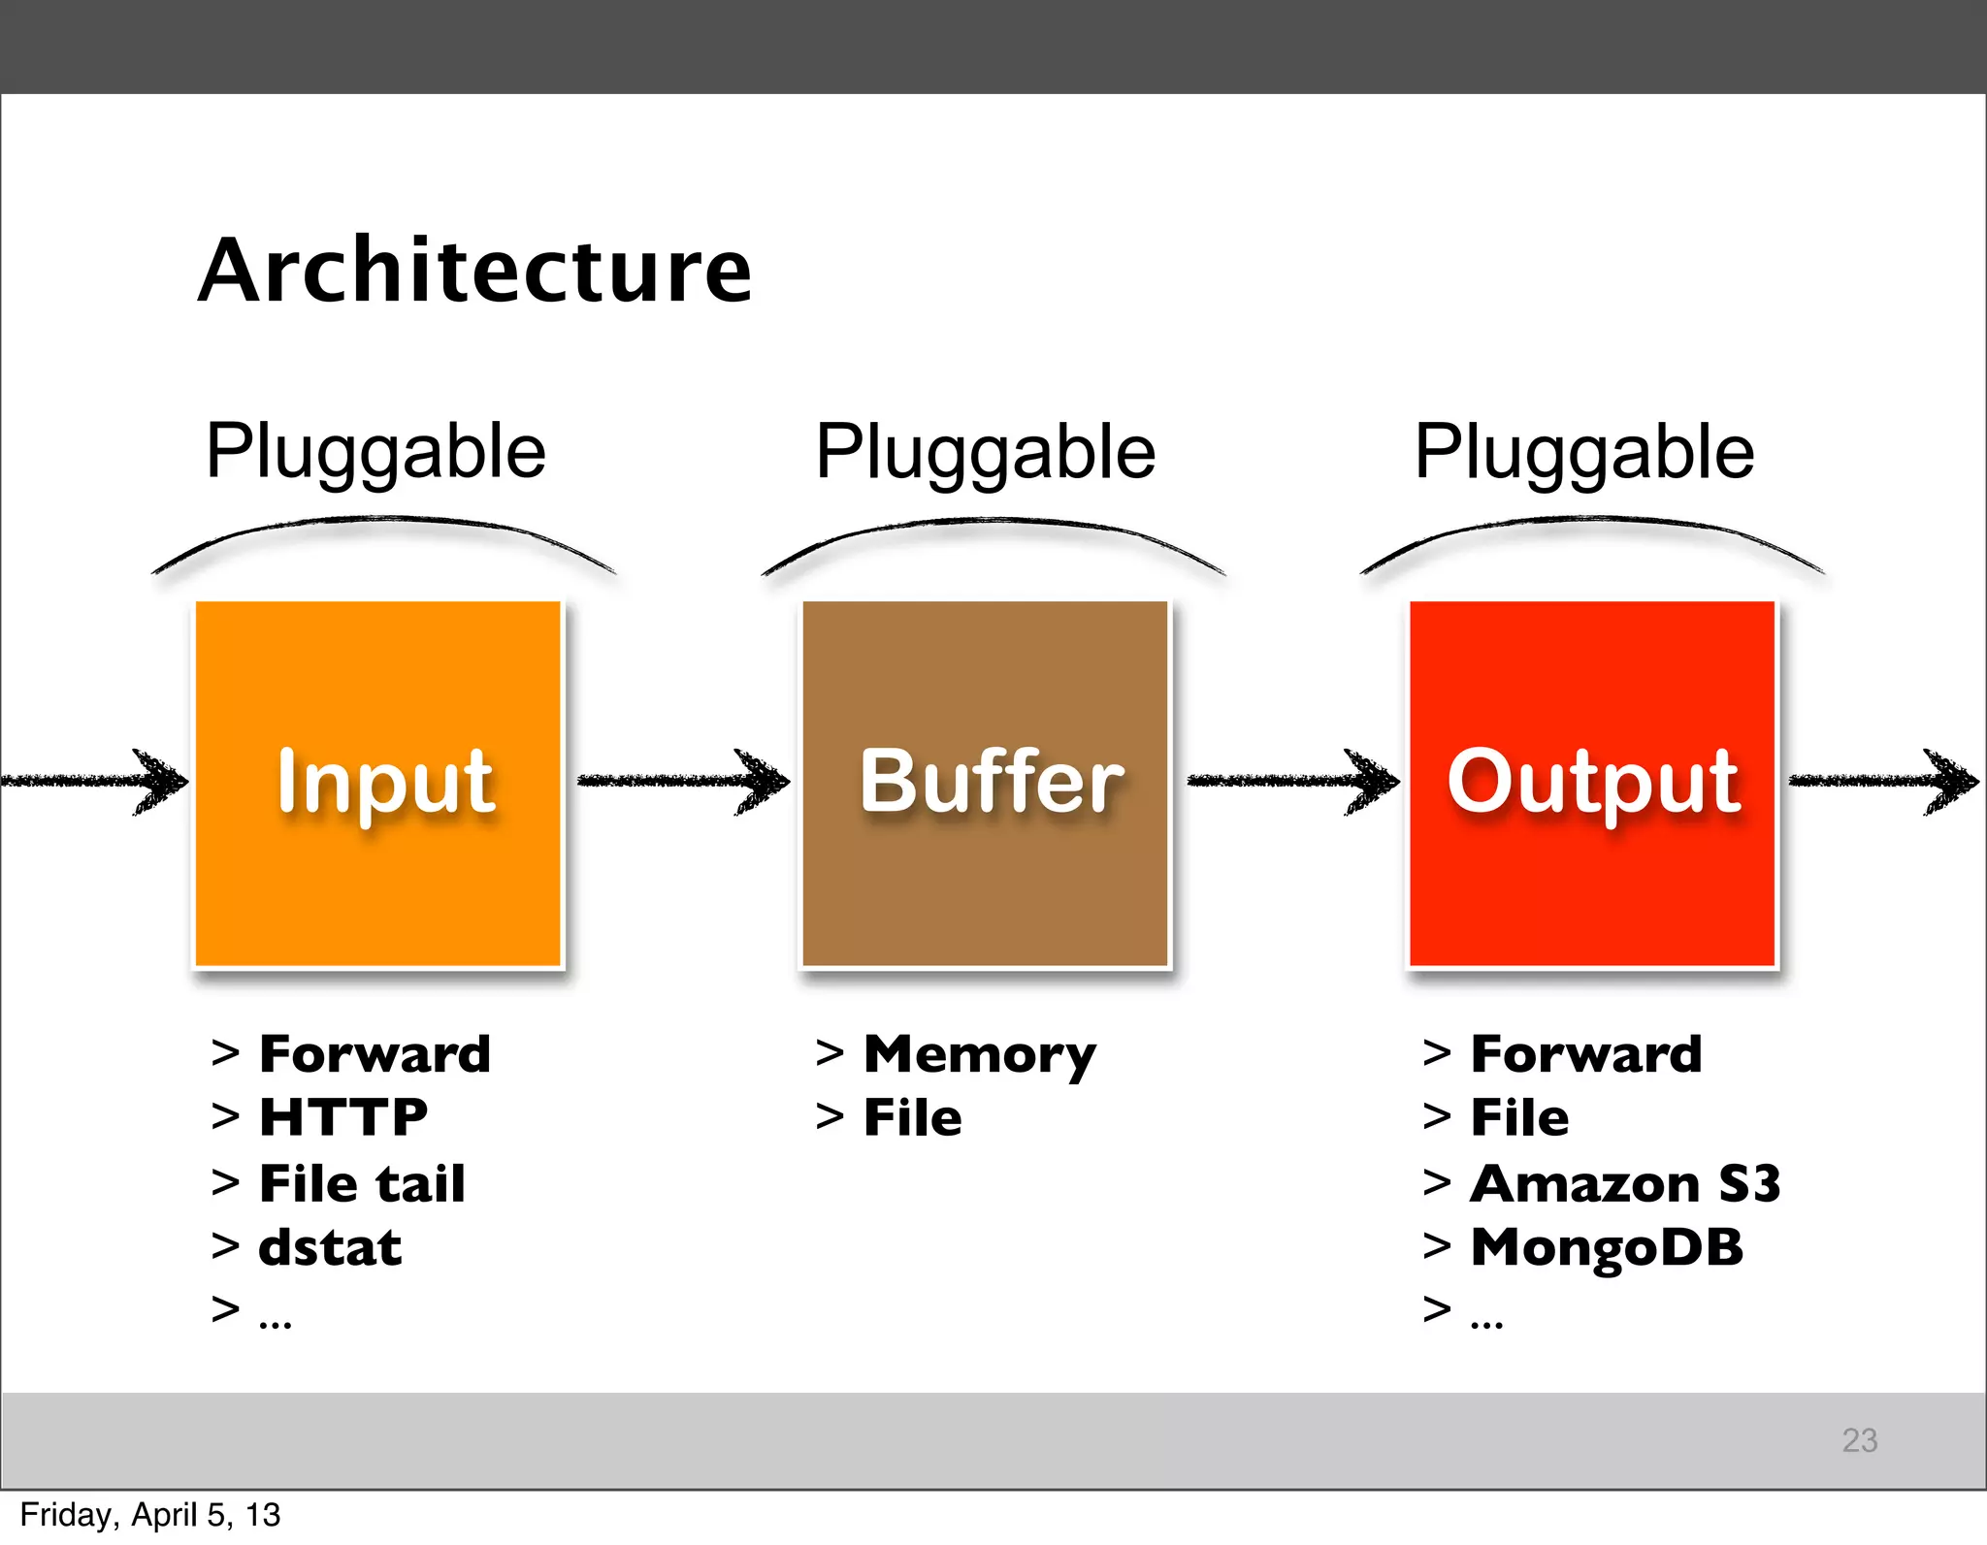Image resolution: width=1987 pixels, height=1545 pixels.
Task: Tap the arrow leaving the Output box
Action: (1882, 780)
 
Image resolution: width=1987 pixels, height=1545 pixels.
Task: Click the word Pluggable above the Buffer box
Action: (986, 452)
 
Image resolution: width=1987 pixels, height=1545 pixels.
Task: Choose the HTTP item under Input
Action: (343, 1117)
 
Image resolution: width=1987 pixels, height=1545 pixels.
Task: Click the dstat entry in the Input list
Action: (330, 1247)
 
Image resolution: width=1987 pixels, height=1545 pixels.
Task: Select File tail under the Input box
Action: (362, 1183)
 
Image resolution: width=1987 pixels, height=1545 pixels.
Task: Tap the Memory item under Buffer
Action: (980, 1055)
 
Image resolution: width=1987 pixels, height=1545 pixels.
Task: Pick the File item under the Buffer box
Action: (913, 1117)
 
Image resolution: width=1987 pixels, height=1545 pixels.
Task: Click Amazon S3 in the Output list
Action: (1625, 1183)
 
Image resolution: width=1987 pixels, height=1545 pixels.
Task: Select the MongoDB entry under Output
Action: (1607, 1247)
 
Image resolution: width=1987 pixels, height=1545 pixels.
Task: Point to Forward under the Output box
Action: (1586, 1054)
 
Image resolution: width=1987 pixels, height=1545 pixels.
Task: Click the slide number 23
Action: (1859, 1440)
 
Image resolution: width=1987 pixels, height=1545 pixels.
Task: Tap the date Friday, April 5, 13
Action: (149, 1515)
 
